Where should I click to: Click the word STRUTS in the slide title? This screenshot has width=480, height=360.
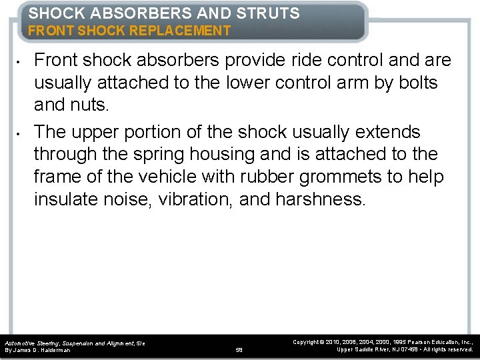269,13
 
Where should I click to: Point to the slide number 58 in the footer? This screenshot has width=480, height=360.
240,349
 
